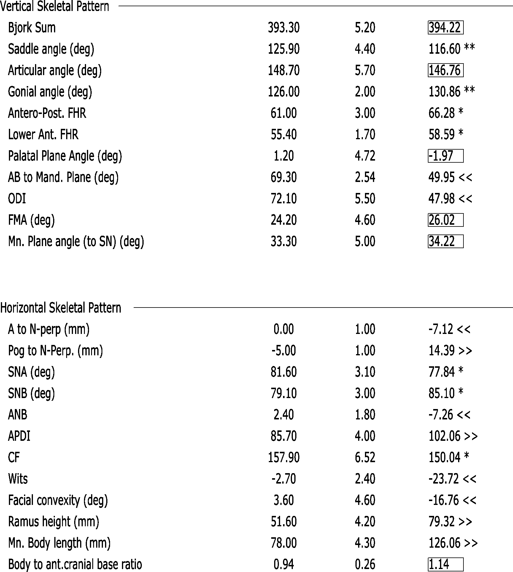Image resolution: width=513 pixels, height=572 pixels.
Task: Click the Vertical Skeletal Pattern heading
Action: [55, 7]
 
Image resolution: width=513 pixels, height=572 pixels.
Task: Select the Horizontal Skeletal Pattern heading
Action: [61, 308]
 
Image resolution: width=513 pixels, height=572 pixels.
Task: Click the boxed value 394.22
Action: [445, 28]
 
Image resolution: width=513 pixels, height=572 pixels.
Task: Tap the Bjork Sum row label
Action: [32, 28]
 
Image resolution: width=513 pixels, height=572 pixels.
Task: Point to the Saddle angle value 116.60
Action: [444, 49]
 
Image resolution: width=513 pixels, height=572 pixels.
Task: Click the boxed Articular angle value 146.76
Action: [445, 70]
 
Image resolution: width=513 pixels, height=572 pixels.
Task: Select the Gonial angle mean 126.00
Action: [284, 92]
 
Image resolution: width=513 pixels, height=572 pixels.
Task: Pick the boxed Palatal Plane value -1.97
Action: [445, 156]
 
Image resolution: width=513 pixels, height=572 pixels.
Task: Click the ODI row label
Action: [17, 199]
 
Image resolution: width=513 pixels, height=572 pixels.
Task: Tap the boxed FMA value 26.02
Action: [445, 220]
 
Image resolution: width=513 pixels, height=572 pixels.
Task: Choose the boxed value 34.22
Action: [445, 241]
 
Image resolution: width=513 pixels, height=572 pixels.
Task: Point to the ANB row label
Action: [18, 415]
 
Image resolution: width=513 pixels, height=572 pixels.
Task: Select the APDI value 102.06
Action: [444, 436]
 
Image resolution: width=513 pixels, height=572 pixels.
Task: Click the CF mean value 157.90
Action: [284, 457]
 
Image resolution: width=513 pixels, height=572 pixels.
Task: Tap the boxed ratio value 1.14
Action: [445, 564]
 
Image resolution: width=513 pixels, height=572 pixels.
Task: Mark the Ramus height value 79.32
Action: [441, 522]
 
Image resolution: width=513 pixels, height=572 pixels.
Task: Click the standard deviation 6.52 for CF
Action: [365, 457]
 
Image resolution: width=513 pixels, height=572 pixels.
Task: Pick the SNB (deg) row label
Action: [31, 394]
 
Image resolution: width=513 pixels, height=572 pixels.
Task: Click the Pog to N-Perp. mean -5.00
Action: [284, 351]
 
